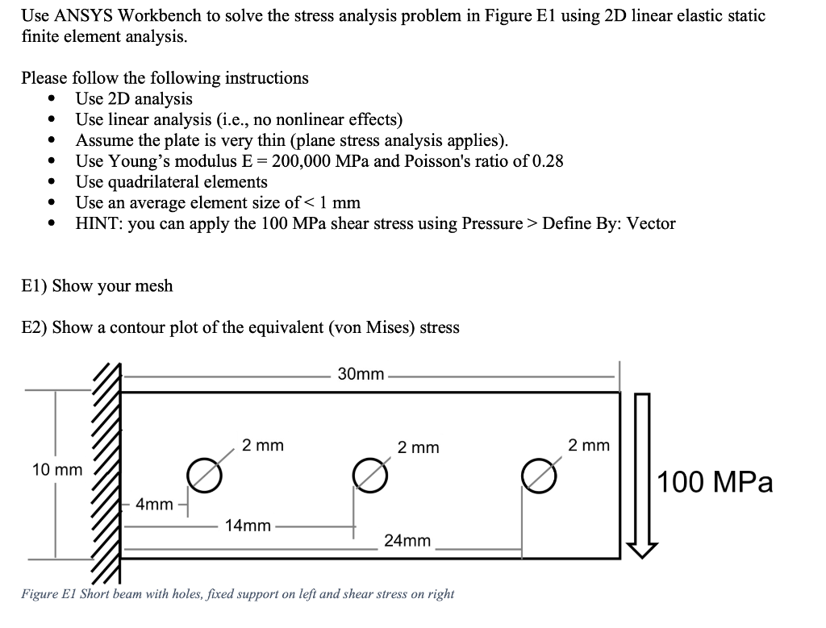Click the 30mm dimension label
360,375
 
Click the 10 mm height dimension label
56,469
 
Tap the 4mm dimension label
154,505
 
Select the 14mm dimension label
248,526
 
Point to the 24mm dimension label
407,540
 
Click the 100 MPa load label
715,482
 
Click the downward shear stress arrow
642,476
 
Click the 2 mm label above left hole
263,445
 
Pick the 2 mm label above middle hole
419,447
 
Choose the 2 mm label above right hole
589,445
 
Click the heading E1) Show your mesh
97,286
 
